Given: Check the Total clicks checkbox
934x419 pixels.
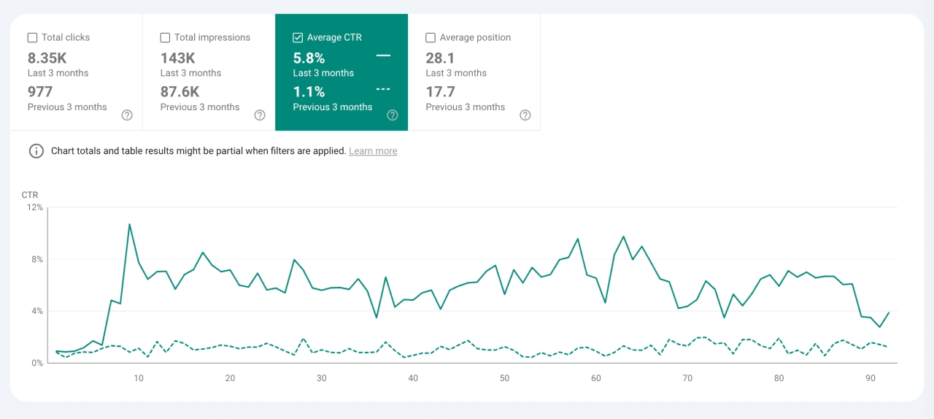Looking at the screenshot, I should (32, 37).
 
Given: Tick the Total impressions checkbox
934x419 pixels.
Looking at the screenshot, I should (165, 37).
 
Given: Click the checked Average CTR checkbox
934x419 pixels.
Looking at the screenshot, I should (298, 37).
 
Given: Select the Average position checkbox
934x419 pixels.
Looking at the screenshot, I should (431, 37).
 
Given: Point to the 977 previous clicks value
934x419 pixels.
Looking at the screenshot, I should (40, 91).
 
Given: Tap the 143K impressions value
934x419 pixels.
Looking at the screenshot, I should (177, 58).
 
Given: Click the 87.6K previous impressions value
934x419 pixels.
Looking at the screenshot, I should (180, 91).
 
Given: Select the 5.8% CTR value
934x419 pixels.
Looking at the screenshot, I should (309, 58).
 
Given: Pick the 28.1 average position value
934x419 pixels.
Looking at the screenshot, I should (440, 58).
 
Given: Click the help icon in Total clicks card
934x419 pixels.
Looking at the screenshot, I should (127, 115).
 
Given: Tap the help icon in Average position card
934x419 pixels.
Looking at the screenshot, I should (525, 115).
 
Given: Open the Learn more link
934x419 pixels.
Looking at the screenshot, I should (373, 151).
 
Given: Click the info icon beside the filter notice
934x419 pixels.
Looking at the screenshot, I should (36, 151).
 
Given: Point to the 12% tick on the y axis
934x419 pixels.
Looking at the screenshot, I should (35, 207).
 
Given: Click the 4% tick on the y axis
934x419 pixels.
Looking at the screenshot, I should (35, 311).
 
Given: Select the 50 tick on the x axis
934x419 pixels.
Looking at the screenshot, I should (505, 377).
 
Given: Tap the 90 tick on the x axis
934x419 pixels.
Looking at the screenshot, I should (871, 377).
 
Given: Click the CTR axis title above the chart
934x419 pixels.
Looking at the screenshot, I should (30, 195).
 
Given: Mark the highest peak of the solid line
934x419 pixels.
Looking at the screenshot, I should (129, 224).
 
